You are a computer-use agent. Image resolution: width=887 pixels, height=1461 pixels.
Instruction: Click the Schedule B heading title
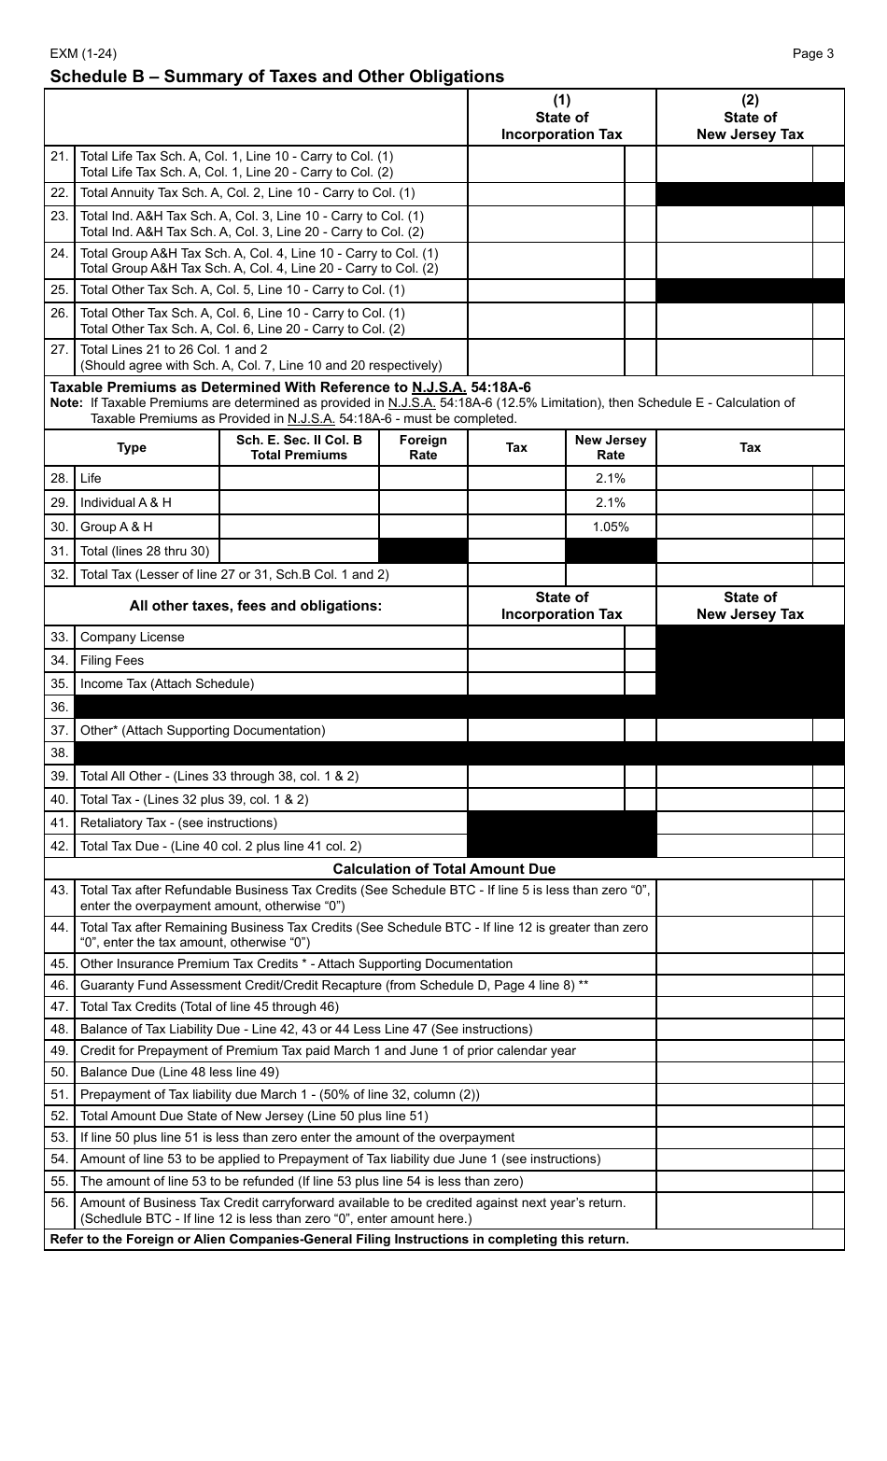[276, 77]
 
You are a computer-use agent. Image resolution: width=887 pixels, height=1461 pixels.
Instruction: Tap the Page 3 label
[812, 53]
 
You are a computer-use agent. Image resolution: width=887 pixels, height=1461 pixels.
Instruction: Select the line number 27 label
[59, 349]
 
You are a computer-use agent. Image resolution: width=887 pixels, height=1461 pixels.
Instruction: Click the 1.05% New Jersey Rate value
[611, 527]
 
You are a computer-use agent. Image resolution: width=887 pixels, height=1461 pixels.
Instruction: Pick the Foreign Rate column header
[423, 447]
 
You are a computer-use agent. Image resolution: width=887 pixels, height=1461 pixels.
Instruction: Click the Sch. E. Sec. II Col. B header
[299, 447]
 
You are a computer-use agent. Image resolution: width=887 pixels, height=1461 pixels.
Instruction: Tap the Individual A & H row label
[125, 502]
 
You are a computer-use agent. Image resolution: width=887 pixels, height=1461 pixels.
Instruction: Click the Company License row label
[132, 637]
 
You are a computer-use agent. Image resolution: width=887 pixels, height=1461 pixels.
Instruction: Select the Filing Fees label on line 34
[112, 660]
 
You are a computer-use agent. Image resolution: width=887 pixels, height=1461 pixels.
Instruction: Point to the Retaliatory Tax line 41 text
[178, 822]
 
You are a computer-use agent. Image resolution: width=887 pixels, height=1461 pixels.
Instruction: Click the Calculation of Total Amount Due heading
[443, 869]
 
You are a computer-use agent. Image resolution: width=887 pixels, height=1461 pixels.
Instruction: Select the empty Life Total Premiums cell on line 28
[299, 478]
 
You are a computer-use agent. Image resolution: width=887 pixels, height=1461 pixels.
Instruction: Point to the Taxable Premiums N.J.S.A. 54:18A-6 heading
[290, 386]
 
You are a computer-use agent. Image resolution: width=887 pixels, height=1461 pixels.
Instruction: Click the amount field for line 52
[735, 1116]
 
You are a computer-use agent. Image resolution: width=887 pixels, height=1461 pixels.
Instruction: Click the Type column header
[132, 447]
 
